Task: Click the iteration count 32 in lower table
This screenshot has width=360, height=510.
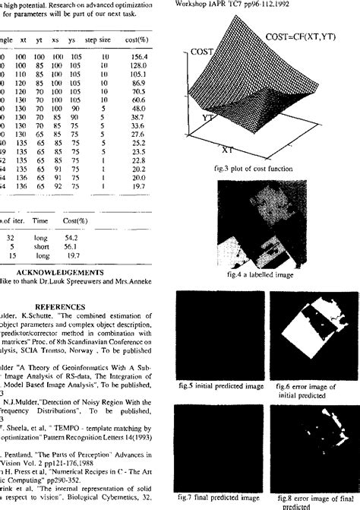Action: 11,236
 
